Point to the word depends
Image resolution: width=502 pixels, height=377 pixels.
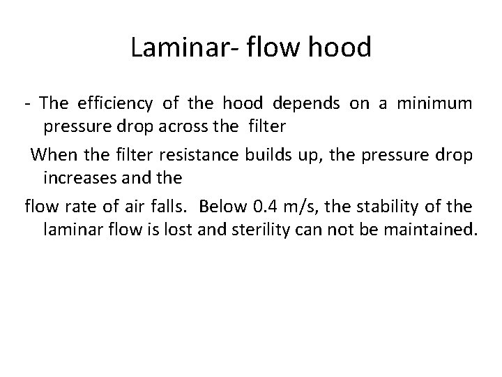pos(306,104)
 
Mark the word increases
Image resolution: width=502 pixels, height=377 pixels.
pos(79,178)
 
